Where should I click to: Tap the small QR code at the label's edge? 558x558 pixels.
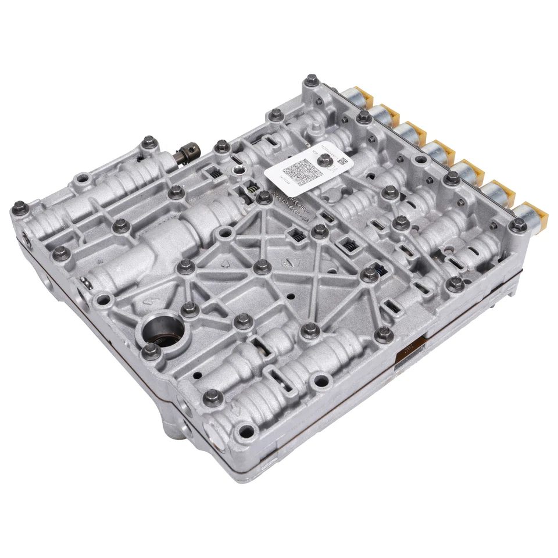click(x=342, y=162)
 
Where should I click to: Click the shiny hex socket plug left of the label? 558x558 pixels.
click(x=238, y=171)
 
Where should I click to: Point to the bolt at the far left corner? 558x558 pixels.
click(x=20, y=208)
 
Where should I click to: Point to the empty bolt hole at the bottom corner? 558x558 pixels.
click(x=247, y=431)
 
